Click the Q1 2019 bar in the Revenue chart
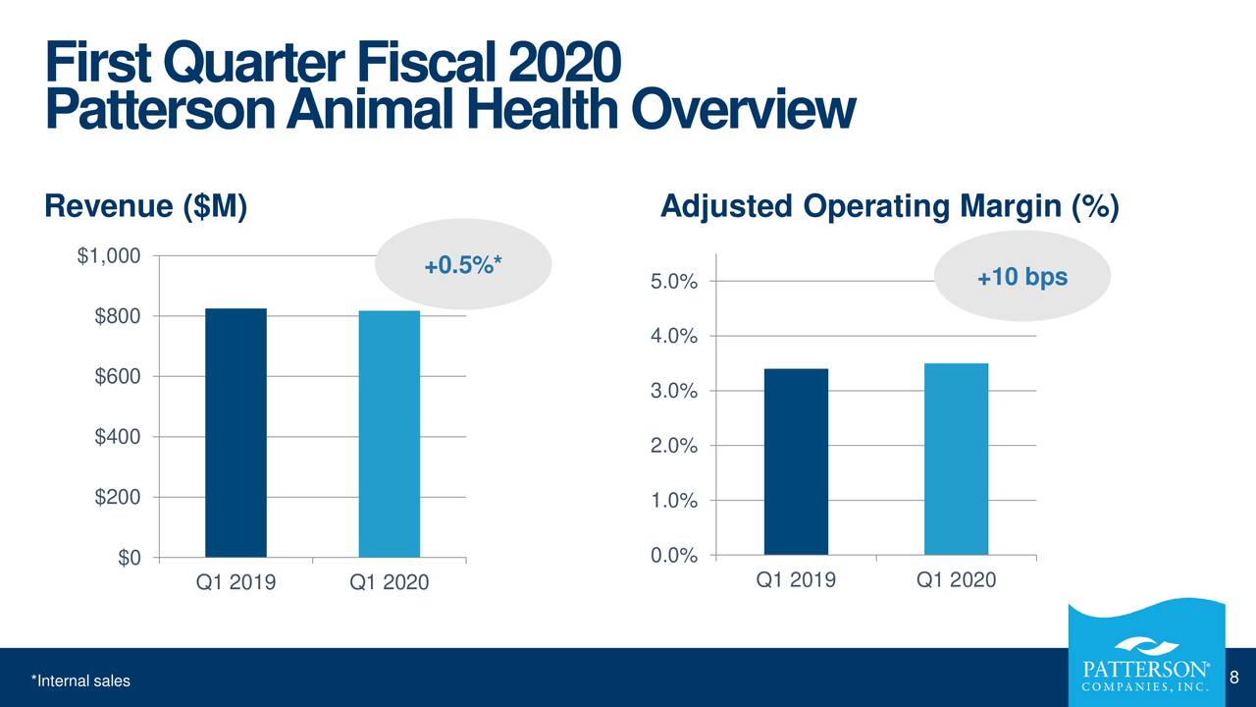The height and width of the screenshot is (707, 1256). tap(235, 433)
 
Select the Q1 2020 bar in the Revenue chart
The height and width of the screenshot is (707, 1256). tap(390, 434)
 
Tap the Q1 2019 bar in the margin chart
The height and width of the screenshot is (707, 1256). tap(796, 462)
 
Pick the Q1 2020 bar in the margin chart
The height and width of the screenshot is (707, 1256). tap(956, 460)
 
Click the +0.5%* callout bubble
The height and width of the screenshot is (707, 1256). tap(463, 266)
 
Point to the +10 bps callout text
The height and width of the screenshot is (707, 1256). tap(1021, 278)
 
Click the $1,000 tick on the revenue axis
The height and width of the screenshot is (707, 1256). tap(109, 256)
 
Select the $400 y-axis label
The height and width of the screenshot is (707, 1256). tap(118, 437)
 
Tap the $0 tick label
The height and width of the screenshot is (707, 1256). tap(129, 558)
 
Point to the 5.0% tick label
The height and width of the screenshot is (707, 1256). tap(673, 283)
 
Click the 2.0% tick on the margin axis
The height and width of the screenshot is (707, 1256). tap(673, 447)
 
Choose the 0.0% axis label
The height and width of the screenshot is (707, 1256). tap(673, 557)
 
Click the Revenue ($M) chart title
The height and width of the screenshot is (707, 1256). tap(145, 207)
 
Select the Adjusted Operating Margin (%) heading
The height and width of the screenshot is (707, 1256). tap(889, 207)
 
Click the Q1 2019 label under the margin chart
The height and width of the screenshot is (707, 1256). tap(796, 579)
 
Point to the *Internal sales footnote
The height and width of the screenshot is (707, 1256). tap(79, 681)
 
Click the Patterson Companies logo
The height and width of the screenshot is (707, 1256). tap(1144, 659)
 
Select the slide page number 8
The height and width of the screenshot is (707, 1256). tap(1234, 677)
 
